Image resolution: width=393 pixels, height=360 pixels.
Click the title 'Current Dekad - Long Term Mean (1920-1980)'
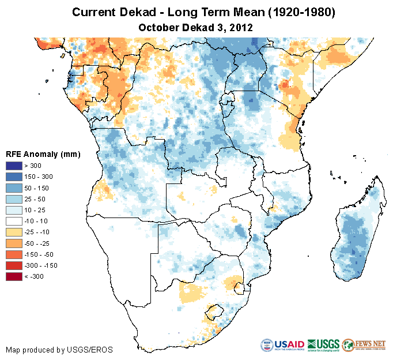coord(196,12)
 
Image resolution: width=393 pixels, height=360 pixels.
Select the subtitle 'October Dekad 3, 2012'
coord(196,27)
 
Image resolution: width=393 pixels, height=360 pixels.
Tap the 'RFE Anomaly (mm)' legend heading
coord(43,154)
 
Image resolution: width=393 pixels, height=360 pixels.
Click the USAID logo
coord(282,345)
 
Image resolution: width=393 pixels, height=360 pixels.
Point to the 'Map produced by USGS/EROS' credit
coord(59,350)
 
